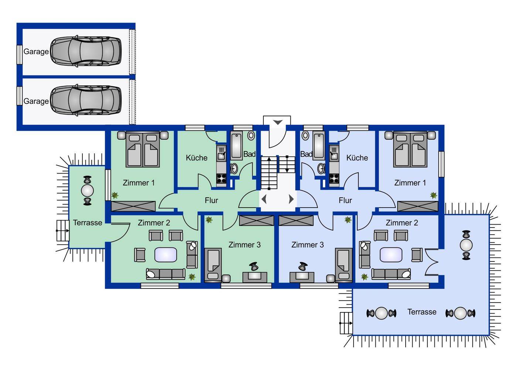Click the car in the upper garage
[x=86, y=51]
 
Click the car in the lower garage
[x=86, y=100]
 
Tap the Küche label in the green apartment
[x=197, y=158]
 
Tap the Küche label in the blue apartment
[x=357, y=158]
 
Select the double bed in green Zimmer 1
[x=143, y=149]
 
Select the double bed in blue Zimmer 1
[x=410, y=149]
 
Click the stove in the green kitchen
[x=221, y=178]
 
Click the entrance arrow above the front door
[x=278, y=123]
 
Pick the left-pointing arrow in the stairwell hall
[x=264, y=199]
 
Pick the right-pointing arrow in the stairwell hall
[x=291, y=199]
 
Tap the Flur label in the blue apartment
[x=345, y=200]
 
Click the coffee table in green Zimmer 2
[x=166, y=255]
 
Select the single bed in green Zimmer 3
[x=213, y=265]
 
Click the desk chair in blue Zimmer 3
[x=303, y=266]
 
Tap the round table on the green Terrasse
[x=88, y=190]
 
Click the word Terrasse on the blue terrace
[x=422, y=312]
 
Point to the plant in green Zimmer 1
[x=115, y=195]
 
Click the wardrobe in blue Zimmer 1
[x=417, y=206]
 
